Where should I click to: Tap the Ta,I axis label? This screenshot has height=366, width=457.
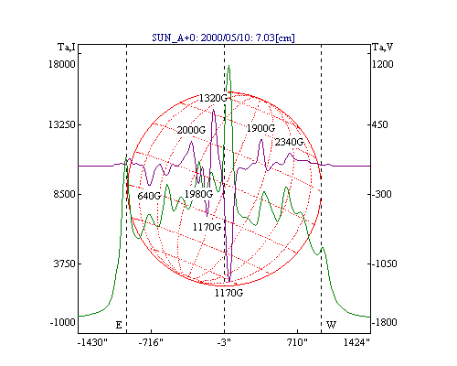pos(67,48)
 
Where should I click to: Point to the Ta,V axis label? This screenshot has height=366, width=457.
pos(383,47)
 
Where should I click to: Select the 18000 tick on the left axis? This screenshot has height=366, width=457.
pos(62,64)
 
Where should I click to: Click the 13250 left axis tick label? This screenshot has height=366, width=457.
pos(62,124)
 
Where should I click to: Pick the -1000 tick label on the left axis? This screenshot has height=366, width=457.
pos(62,322)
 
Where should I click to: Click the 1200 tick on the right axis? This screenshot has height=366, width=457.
pos(383,64)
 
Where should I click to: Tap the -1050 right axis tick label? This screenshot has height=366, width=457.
pos(385,264)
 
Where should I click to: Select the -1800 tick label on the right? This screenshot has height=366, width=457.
pos(385,322)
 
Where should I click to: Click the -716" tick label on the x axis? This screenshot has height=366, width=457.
pos(151,342)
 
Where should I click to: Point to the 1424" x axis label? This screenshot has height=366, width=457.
pos(356,342)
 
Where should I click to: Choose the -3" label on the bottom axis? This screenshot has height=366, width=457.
pos(224,342)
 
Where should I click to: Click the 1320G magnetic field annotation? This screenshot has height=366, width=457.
pos(213,98)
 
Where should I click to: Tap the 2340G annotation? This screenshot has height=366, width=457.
pos(289,142)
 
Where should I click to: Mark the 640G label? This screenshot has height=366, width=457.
pos(149,196)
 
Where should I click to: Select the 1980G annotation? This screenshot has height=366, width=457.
pos(198,194)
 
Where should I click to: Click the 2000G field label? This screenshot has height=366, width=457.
pos(191,130)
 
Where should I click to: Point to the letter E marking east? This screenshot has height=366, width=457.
pos(119,325)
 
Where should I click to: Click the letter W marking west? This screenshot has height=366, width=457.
pos(331,325)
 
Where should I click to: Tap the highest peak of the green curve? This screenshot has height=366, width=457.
pos(228,65)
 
